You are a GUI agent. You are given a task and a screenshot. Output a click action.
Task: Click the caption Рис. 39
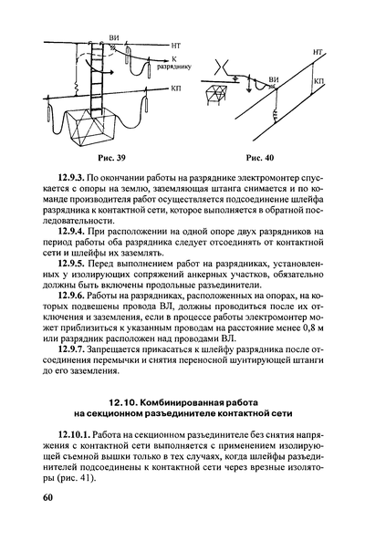pyautogui.click(x=111, y=158)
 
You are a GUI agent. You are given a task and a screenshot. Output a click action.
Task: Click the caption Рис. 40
pyautogui.click(x=260, y=158)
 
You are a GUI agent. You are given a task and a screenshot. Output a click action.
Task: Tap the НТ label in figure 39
pyautogui.click(x=176, y=46)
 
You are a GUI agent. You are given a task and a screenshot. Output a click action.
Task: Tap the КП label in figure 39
pyautogui.click(x=175, y=88)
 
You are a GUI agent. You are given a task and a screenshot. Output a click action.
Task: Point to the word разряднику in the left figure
pyautogui.click(x=174, y=67)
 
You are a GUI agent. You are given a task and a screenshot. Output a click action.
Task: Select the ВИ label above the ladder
pyautogui.click(x=113, y=38)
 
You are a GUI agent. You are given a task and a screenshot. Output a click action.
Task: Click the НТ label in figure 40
pyautogui.click(x=318, y=52)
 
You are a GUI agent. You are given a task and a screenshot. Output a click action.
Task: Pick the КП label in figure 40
pyautogui.click(x=319, y=81)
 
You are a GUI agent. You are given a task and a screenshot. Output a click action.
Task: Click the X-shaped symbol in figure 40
pyautogui.click(x=221, y=67)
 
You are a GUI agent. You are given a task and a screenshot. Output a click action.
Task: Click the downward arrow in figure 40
pyautogui.click(x=248, y=85)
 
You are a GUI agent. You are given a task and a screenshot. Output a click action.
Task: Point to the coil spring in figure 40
pyautogui.click(x=276, y=116)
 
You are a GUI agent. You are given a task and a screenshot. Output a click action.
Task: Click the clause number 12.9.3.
pyautogui.click(x=71, y=178)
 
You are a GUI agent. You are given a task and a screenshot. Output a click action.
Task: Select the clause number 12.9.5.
pyautogui.click(x=71, y=265)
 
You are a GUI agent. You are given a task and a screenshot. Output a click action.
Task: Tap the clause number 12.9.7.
pyautogui.click(x=71, y=350)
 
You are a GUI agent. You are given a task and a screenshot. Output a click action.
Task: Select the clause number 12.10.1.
pyautogui.click(x=74, y=434)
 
